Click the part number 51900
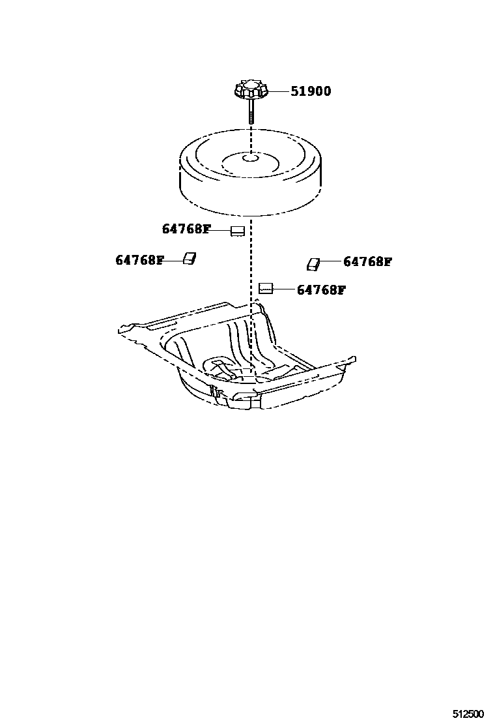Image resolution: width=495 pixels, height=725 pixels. (311, 92)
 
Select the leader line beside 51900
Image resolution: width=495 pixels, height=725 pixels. (279, 92)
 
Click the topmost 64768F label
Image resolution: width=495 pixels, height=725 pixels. (186, 229)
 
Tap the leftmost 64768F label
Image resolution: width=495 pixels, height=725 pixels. (139, 260)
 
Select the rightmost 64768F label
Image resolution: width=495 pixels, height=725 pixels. (367, 262)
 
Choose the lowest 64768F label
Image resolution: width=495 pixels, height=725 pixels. (321, 290)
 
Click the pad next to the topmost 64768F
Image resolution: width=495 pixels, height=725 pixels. (238, 230)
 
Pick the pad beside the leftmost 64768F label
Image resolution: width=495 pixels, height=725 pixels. (189, 259)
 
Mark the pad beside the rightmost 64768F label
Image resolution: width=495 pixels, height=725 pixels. (314, 263)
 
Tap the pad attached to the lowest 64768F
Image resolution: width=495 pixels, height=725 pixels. (265, 288)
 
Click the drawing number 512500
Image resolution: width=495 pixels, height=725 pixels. (469, 714)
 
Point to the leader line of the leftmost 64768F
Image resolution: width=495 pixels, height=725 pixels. (173, 260)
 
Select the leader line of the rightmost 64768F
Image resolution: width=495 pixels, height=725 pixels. (331, 262)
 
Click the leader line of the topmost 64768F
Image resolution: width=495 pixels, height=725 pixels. (221, 230)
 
